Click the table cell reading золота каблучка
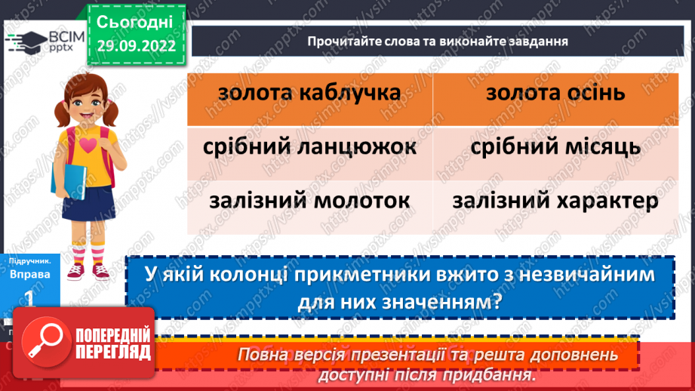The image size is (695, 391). pyautogui.click(x=309, y=94)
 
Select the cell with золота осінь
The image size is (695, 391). pyautogui.click(x=555, y=94)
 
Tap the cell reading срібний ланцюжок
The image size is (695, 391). pyautogui.click(x=309, y=147)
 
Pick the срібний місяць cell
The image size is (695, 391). pyautogui.click(x=555, y=147)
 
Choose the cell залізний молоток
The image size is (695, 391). pyautogui.click(x=309, y=202)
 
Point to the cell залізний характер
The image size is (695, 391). pyautogui.click(x=555, y=202)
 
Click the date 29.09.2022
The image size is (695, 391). pyautogui.click(x=136, y=46)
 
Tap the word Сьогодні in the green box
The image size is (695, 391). pyautogui.click(x=136, y=21)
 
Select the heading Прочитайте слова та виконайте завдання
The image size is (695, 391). pyautogui.click(x=437, y=41)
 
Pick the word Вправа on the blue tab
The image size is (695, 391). pyautogui.click(x=30, y=274)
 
